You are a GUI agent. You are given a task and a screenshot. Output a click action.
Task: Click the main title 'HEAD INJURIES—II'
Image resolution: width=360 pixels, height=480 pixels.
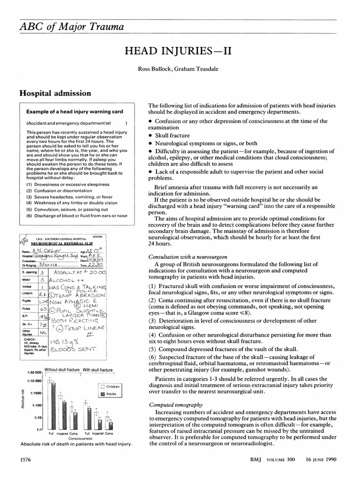coord(180,50)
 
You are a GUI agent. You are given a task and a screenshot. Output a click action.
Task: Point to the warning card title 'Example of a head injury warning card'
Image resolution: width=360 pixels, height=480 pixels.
coord(75,112)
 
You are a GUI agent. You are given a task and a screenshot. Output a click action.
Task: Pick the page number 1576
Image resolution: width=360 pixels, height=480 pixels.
coord(24,460)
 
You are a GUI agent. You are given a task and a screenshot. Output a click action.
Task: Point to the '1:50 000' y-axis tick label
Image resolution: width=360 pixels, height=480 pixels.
coord(35,372)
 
